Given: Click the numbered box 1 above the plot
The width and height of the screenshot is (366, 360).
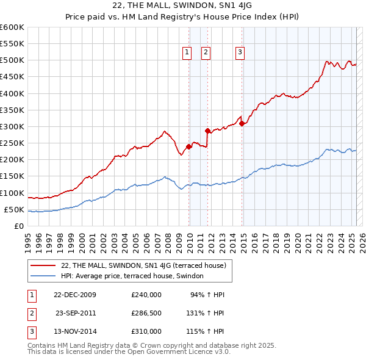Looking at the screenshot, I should (x=186, y=52).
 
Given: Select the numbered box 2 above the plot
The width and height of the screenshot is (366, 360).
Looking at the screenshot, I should (x=206, y=52).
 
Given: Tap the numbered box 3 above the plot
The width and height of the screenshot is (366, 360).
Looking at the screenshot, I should (x=240, y=52).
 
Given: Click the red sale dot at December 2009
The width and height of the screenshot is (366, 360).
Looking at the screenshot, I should (x=189, y=146).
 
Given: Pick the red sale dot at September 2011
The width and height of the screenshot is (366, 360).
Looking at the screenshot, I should (x=207, y=131).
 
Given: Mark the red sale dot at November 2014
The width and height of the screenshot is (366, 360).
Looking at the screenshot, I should (x=242, y=123).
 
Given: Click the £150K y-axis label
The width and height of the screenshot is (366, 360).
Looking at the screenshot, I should (x=12, y=176).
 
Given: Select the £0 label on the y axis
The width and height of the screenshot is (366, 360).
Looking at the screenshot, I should (x=19, y=226).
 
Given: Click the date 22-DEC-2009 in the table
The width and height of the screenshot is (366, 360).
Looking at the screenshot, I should (x=74, y=295).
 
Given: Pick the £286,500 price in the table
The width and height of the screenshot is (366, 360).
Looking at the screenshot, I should (x=146, y=313).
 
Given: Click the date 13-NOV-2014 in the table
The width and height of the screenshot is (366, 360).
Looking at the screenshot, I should (x=74, y=331).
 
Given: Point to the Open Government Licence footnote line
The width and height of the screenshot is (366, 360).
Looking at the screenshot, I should (x=129, y=351).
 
